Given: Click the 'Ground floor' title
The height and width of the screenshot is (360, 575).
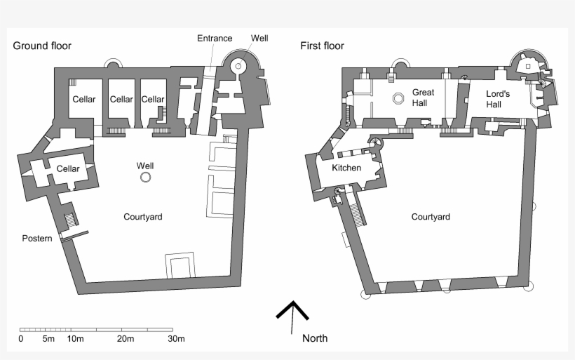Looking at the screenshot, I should [x=42, y=46].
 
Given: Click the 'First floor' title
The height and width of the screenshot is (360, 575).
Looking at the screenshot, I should [x=322, y=46].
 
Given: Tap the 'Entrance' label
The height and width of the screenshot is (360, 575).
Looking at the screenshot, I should [x=215, y=38].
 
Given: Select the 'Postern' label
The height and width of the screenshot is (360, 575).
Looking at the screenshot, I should [x=36, y=239].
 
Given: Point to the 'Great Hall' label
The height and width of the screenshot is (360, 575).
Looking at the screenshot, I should [x=423, y=98].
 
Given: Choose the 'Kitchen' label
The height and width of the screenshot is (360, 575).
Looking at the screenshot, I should [x=346, y=168].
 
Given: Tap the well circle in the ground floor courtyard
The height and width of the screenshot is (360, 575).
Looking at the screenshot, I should [x=145, y=178].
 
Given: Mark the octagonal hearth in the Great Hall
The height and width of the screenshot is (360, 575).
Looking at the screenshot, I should [x=398, y=98].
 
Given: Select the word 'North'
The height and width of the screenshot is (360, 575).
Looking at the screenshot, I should [x=314, y=338].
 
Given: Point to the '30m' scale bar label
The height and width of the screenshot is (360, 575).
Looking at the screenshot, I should [x=175, y=340].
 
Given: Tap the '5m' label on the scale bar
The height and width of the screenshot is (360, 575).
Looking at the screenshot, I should [x=48, y=340].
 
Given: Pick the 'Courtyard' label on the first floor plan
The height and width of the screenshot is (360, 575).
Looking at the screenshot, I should [x=430, y=217].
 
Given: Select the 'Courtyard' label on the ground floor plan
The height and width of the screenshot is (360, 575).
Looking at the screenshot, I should [x=142, y=217].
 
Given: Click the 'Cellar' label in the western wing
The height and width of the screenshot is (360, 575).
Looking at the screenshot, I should [x=68, y=168].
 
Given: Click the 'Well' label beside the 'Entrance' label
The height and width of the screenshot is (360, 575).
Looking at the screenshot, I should [x=259, y=38].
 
